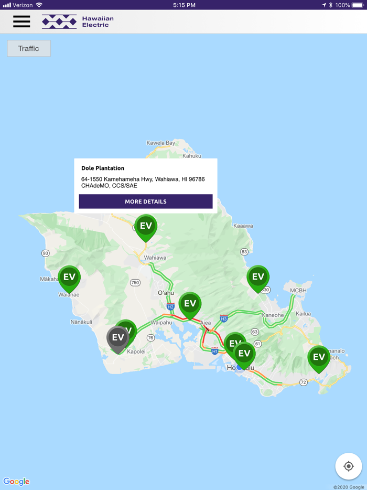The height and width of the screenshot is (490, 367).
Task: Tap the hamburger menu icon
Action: pos(21,22)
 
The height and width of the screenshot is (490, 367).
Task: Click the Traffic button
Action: pos(29,48)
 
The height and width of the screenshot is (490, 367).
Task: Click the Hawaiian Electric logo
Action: pos(78,22)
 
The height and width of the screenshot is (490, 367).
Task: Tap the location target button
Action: pos(348,466)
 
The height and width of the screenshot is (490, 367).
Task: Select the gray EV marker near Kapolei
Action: pos(117,338)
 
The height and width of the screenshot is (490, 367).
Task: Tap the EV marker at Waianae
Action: pos(69,278)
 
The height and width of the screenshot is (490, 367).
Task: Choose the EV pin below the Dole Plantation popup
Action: pos(146,227)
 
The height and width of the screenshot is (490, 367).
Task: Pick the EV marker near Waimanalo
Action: pos(319,358)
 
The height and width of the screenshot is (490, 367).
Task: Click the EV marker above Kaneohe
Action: pos(258,277)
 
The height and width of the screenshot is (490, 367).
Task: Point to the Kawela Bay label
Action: pos(161,143)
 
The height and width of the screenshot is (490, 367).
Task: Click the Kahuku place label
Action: pos(192,156)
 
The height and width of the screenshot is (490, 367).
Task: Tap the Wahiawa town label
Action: pos(155,258)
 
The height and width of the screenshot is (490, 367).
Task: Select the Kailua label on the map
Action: pos(303,314)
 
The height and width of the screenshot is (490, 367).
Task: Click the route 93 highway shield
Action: pos(46,253)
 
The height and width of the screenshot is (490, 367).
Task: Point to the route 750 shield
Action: pos(135,283)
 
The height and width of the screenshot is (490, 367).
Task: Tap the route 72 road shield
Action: pos(303,382)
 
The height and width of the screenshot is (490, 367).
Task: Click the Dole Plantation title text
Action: pos(103,168)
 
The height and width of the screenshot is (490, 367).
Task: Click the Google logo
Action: pos(16,482)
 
